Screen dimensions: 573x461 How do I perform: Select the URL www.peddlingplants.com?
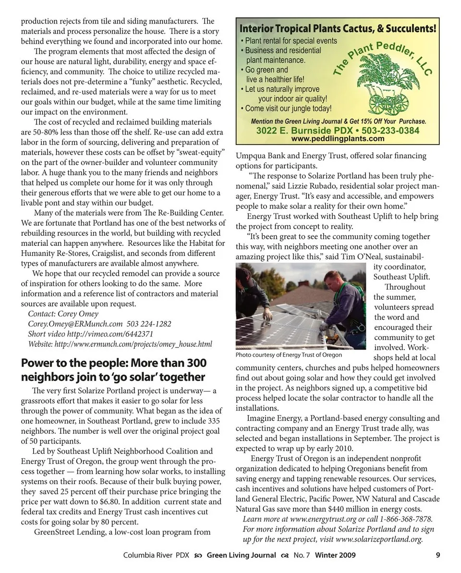338,139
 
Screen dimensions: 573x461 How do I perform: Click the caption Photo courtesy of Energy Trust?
289,355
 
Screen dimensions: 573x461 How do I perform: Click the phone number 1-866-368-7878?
406,519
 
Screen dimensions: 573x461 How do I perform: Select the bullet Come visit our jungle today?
288,109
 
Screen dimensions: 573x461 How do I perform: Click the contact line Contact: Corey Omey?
63,314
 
